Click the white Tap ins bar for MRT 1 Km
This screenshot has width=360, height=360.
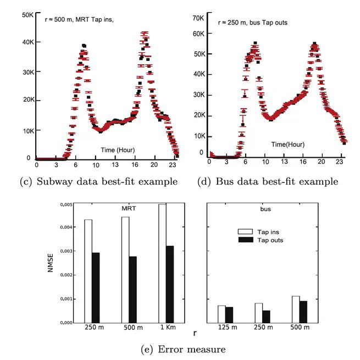pos(162,263)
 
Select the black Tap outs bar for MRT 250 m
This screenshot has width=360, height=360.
pos(96,287)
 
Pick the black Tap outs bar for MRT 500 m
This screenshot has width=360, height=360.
pos(132,289)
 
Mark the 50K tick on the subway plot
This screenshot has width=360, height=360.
pos(29,15)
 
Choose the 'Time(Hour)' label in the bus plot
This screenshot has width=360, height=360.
pos(288,145)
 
